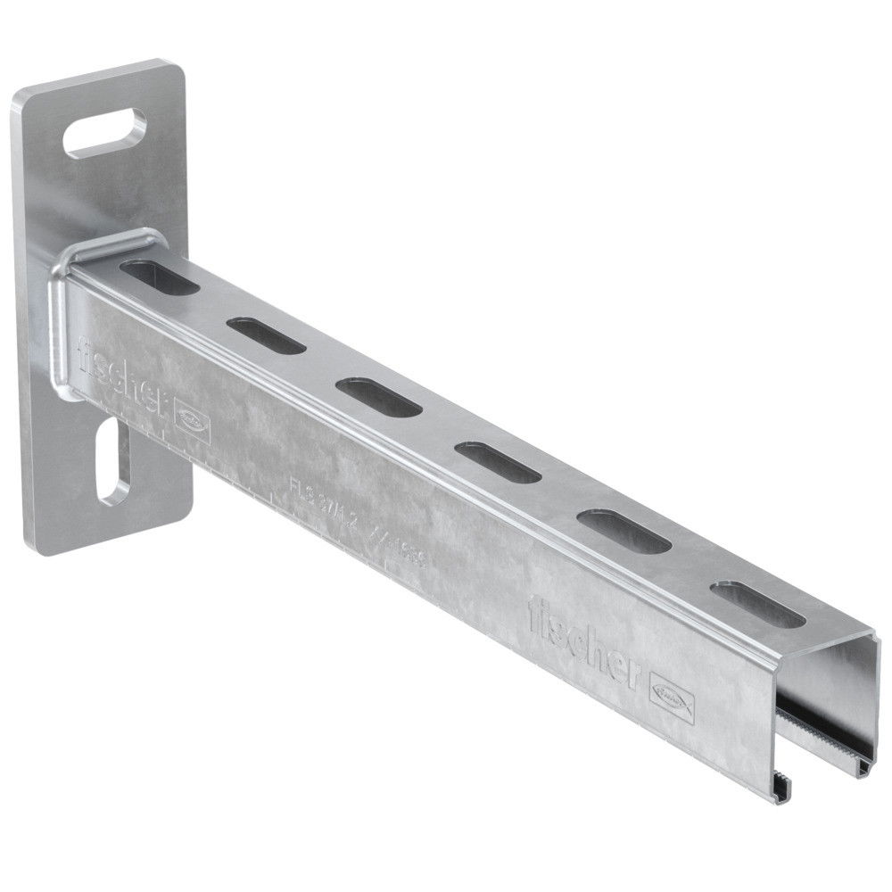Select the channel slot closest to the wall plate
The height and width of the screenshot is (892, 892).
[x=160, y=277]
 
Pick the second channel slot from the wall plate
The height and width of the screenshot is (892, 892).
[x=266, y=335]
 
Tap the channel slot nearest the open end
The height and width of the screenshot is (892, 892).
[x=757, y=605]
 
